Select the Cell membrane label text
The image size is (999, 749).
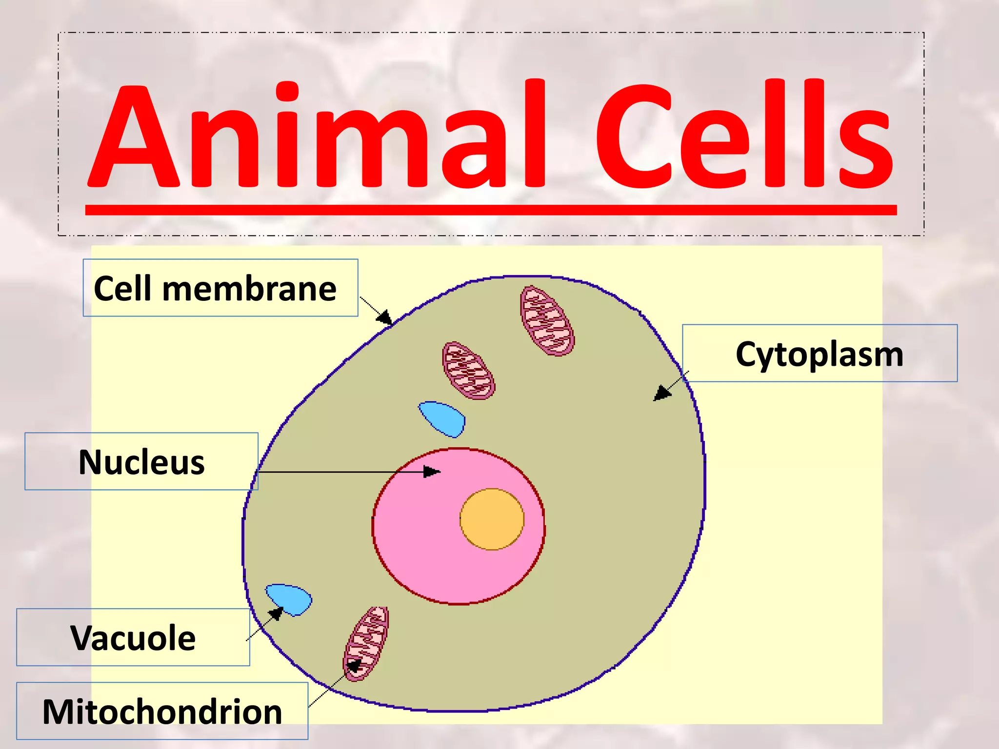click(x=215, y=288)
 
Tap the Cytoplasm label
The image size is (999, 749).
click(x=819, y=354)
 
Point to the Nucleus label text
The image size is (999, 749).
click(x=141, y=462)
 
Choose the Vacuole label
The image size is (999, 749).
click(x=133, y=638)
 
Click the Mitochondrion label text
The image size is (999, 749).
click(x=162, y=712)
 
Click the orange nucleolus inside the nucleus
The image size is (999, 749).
click(x=492, y=519)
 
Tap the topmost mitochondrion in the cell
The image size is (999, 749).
click(x=547, y=320)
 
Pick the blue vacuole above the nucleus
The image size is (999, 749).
click(x=442, y=418)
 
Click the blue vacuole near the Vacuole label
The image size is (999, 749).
click(x=289, y=599)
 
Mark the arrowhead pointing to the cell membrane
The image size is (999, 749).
click(x=385, y=318)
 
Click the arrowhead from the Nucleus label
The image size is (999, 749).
click(x=432, y=472)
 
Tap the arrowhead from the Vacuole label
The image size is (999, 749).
click(x=276, y=613)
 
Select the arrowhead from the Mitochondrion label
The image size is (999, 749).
click(x=354, y=666)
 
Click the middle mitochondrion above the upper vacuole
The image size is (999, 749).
click(x=468, y=371)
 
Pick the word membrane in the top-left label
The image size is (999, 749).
click(x=249, y=289)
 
